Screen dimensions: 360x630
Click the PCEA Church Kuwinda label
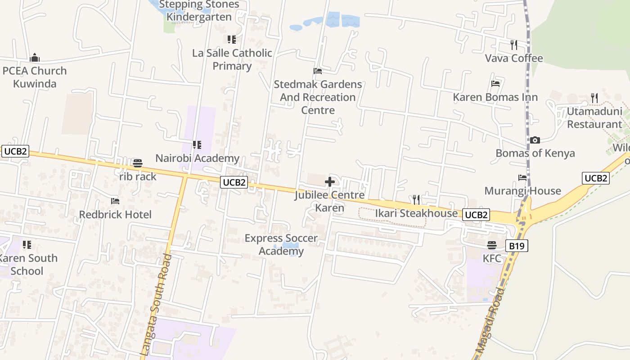pyautogui.click(x=35, y=77)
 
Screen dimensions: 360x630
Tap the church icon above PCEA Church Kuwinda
pyautogui.click(x=35, y=58)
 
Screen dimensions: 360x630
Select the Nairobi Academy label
pyautogui.click(x=197, y=158)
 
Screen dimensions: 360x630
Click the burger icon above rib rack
pyautogui.click(x=138, y=163)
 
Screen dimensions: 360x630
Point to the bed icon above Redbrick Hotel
pyautogui.click(x=115, y=201)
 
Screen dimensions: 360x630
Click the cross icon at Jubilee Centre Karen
pyautogui.click(x=330, y=182)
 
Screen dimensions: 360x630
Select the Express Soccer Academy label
pyautogui.click(x=281, y=244)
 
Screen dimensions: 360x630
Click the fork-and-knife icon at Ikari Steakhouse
pyautogui.click(x=416, y=199)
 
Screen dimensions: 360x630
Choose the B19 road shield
pyautogui.click(x=517, y=246)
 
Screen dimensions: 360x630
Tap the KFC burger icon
pyautogui.click(x=492, y=245)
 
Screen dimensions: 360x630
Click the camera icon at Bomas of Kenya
pyautogui.click(x=535, y=140)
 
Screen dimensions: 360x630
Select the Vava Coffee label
pyautogui.click(x=514, y=58)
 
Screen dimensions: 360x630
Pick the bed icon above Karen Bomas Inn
pyautogui.click(x=495, y=84)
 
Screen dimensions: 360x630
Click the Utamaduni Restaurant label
pyautogui.click(x=594, y=117)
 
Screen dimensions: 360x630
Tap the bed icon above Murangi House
pyautogui.click(x=522, y=178)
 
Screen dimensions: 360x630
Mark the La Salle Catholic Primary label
pyautogui.click(x=232, y=59)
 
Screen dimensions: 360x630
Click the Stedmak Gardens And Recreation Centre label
pyautogui.click(x=318, y=97)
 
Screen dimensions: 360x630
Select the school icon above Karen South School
pyautogui.click(x=27, y=245)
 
